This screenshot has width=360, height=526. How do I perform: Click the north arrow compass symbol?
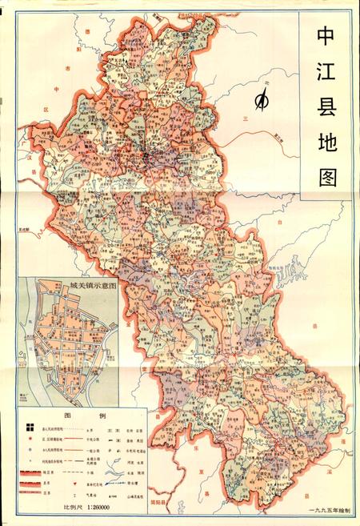pos(261,100)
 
